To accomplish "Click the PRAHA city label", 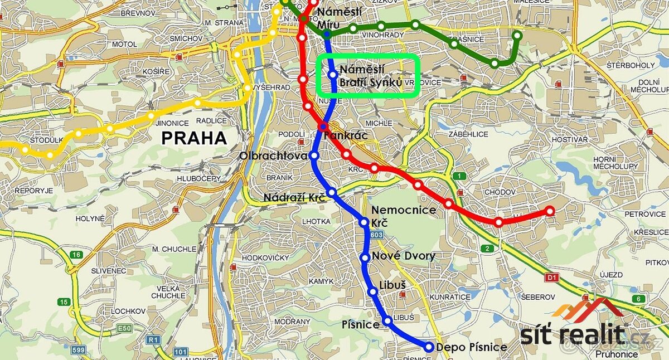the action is click(195, 138).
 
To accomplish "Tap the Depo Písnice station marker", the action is click(429, 347).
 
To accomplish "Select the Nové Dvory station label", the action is click(403, 256).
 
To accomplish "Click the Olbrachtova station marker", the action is click(314, 155).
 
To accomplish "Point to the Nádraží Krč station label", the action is click(294, 197).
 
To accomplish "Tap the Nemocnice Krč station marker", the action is click(365, 222).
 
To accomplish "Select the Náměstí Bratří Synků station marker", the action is click(333, 74).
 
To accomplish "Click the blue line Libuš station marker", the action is click(373, 291).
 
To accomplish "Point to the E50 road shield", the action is click(124, 328).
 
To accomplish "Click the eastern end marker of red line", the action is click(550, 211).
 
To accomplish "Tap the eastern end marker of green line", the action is click(517, 36).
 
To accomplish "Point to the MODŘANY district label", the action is click(292, 322).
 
